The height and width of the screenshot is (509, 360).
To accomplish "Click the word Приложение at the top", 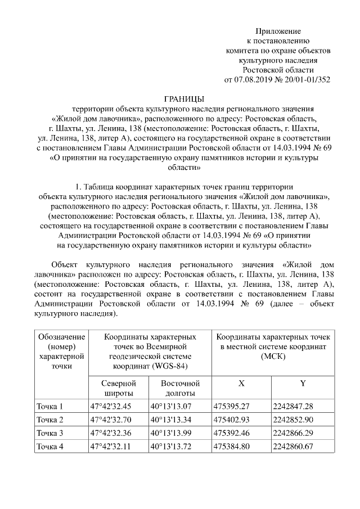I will pos(278,31).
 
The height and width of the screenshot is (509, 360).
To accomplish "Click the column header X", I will pos(241,383).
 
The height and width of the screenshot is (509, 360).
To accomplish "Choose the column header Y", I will pos(302,383).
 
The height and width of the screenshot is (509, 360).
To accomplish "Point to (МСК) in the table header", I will pos(273,357).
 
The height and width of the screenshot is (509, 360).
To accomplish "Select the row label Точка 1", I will pos(49,406).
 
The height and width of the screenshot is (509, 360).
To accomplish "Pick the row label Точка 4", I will pos(49,446).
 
